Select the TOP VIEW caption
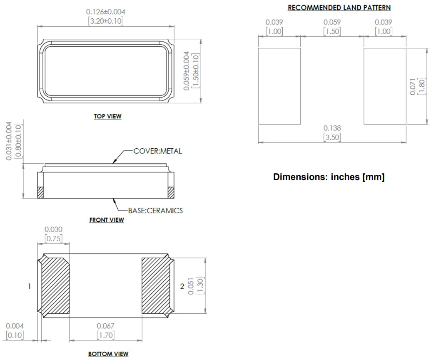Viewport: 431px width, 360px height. pos(107,116)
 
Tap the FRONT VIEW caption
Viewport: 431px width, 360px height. pos(107,220)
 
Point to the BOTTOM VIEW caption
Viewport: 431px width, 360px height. pos(108,354)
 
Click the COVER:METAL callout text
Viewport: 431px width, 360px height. pos(157,151)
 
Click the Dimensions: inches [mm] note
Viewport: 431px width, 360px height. pos(329,177)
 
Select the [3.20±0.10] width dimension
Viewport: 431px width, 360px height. pos(105,21)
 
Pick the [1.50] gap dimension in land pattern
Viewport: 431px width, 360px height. pos(332,31)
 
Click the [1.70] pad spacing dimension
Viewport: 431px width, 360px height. pos(105,335)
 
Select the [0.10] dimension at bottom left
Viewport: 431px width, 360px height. pos(15,335)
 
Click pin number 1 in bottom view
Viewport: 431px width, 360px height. pos(29,286)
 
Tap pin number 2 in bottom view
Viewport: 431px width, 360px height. pos(182,286)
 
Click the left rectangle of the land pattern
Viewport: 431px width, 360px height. pos(279,86)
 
